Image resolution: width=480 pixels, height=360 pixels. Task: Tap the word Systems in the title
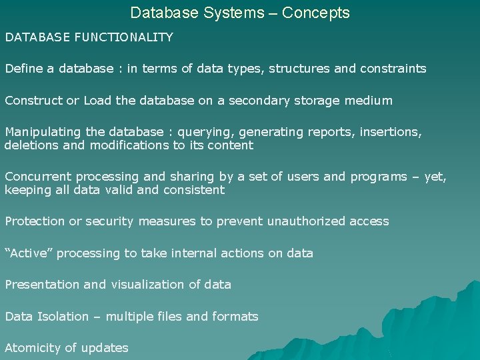(243, 13)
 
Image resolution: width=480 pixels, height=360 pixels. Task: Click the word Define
(21, 69)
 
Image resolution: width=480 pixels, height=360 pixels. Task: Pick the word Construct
(33, 101)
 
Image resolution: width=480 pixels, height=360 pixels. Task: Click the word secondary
(257, 101)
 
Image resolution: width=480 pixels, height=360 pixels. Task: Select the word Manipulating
(41, 132)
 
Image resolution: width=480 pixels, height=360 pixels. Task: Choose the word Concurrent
(38, 177)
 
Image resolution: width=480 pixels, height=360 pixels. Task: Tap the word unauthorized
(306, 221)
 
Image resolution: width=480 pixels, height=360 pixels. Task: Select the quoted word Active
(27, 253)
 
